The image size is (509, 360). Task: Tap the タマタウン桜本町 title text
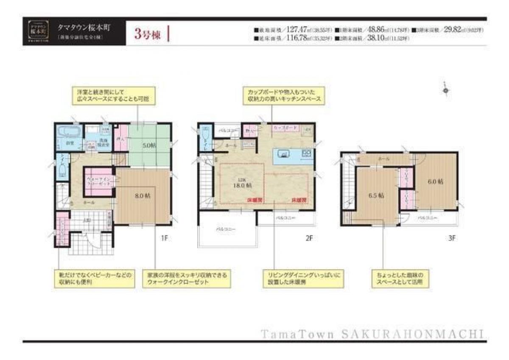[x=83, y=27]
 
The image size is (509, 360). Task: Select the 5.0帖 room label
[x=149, y=145]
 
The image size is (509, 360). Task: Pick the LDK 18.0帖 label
[x=242, y=183]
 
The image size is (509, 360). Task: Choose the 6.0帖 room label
[x=435, y=181]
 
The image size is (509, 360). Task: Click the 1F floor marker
[x=165, y=238]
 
